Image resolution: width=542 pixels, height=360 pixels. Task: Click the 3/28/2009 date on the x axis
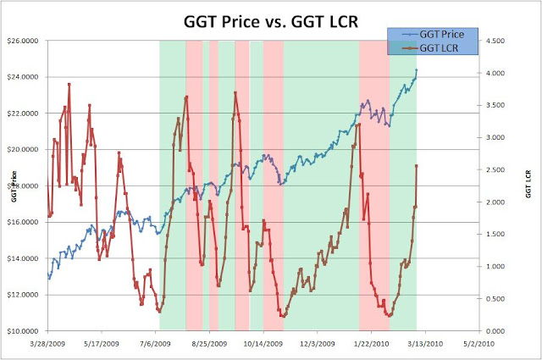(47, 344)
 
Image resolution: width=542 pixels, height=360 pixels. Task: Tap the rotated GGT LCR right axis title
(528, 186)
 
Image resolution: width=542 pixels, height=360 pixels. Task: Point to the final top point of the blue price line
(416, 70)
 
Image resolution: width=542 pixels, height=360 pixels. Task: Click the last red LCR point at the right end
(417, 166)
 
